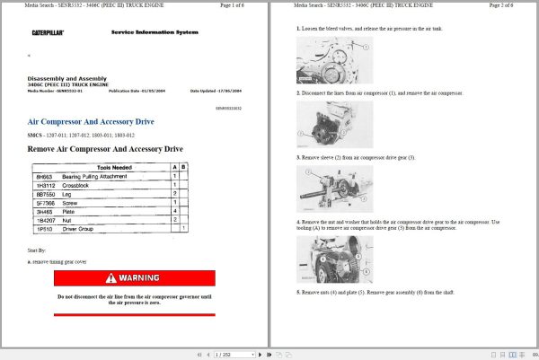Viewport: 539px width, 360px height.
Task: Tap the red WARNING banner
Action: pyautogui.click(x=134, y=278)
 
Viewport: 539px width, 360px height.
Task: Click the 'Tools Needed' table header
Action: pyautogui.click(x=110, y=168)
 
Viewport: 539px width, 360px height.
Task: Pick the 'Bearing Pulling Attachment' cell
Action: pyautogui.click(x=94, y=177)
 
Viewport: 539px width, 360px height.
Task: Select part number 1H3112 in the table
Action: pyautogui.click(x=46, y=185)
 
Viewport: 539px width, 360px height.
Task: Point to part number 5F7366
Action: pyautogui.click(x=46, y=202)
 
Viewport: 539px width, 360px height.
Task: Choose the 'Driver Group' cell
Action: pyautogui.click(x=77, y=228)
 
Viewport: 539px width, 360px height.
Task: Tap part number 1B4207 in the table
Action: pyautogui.click(x=46, y=219)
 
